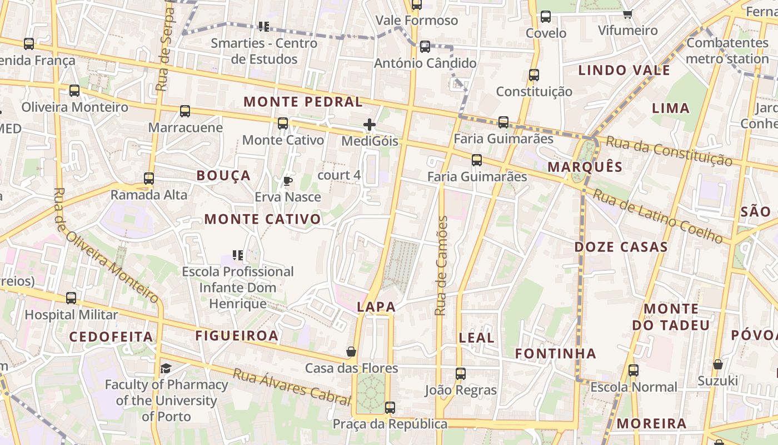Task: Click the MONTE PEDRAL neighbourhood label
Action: [303, 102]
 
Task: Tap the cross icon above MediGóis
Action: [370, 125]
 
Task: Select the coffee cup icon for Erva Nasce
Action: [288, 181]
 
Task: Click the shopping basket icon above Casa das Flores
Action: [351, 352]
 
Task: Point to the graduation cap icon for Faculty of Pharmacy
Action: [166, 368]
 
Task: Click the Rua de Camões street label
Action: [442, 266]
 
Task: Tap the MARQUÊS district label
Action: [585, 167]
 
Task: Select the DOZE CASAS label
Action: [621, 247]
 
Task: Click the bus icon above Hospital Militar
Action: [71, 298]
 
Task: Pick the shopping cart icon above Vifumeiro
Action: [628, 14]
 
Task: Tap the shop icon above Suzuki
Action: [718, 364]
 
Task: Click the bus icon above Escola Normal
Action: [634, 370]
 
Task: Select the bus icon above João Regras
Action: [461, 374]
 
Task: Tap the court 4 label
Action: [339, 175]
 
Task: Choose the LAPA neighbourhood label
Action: [376, 306]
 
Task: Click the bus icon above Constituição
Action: [534, 75]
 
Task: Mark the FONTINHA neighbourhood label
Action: [555, 354]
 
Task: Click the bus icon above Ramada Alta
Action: [149, 179]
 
